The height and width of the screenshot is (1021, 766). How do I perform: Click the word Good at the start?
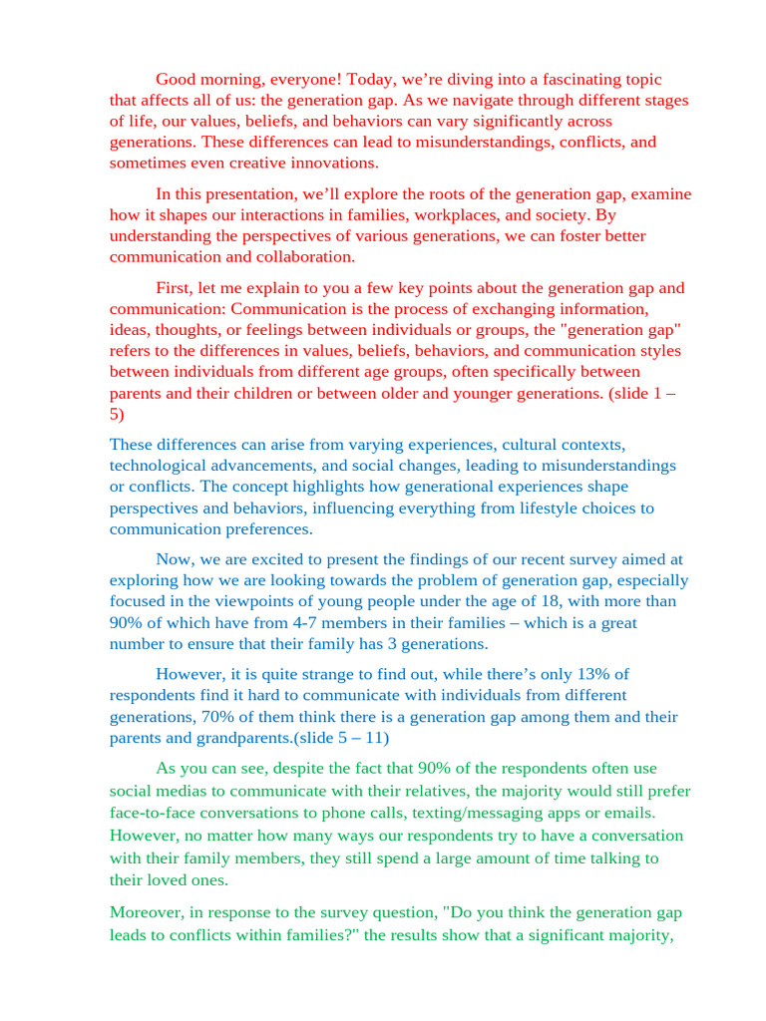[x=175, y=80]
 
